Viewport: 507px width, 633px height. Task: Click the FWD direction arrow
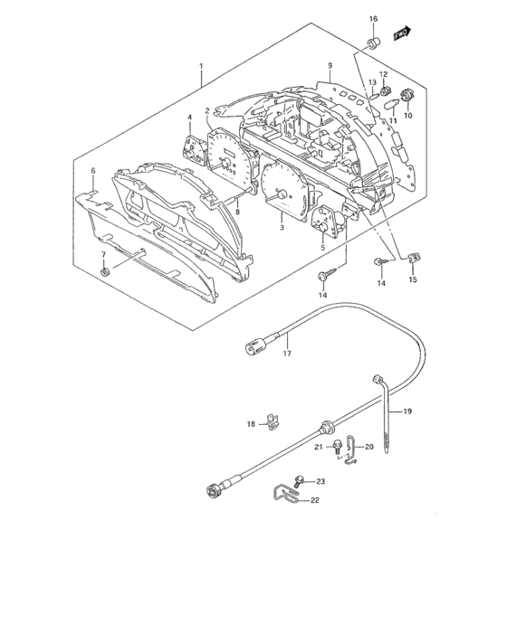[x=402, y=33]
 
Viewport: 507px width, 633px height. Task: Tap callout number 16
[x=373, y=19]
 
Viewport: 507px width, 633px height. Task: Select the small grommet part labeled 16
[x=373, y=43]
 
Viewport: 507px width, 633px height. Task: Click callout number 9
[x=330, y=65]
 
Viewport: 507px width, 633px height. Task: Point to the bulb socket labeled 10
[x=406, y=96]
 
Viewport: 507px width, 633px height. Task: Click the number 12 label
[x=383, y=74]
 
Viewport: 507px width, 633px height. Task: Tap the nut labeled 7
[x=105, y=272]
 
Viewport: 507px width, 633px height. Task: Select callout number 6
[x=93, y=171]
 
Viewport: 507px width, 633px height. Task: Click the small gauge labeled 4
[x=194, y=149]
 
